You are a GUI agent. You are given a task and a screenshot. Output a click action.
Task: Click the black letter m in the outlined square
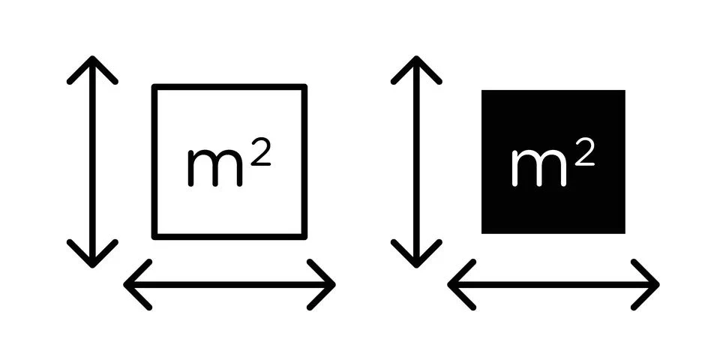click(x=215, y=168)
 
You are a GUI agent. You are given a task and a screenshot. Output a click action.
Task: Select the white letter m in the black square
click(x=538, y=168)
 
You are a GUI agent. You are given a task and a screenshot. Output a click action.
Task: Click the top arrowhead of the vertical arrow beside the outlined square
click(x=92, y=58)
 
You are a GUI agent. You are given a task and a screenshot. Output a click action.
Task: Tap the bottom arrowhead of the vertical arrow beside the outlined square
click(x=92, y=265)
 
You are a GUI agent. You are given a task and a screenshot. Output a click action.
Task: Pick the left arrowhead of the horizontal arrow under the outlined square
click(x=126, y=285)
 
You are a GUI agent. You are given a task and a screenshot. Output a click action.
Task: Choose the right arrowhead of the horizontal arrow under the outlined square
click(x=333, y=285)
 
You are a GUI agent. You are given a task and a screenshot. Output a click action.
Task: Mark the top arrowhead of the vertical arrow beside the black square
click(x=416, y=58)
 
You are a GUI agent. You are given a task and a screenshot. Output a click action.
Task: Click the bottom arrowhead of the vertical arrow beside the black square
click(x=416, y=265)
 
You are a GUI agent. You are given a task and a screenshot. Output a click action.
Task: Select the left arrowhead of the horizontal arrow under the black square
click(x=451, y=285)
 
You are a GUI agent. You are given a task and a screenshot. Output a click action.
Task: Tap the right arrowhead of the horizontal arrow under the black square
click(x=657, y=285)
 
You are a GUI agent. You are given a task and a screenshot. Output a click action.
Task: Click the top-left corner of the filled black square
click(x=481, y=90)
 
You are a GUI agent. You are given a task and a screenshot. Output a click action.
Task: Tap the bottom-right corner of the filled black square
click(x=625, y=233)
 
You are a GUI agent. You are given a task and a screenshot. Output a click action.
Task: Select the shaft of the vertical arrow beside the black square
click(x=416, y=162)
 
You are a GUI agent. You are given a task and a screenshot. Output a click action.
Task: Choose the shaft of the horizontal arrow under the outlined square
click(x=229, y=285)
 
